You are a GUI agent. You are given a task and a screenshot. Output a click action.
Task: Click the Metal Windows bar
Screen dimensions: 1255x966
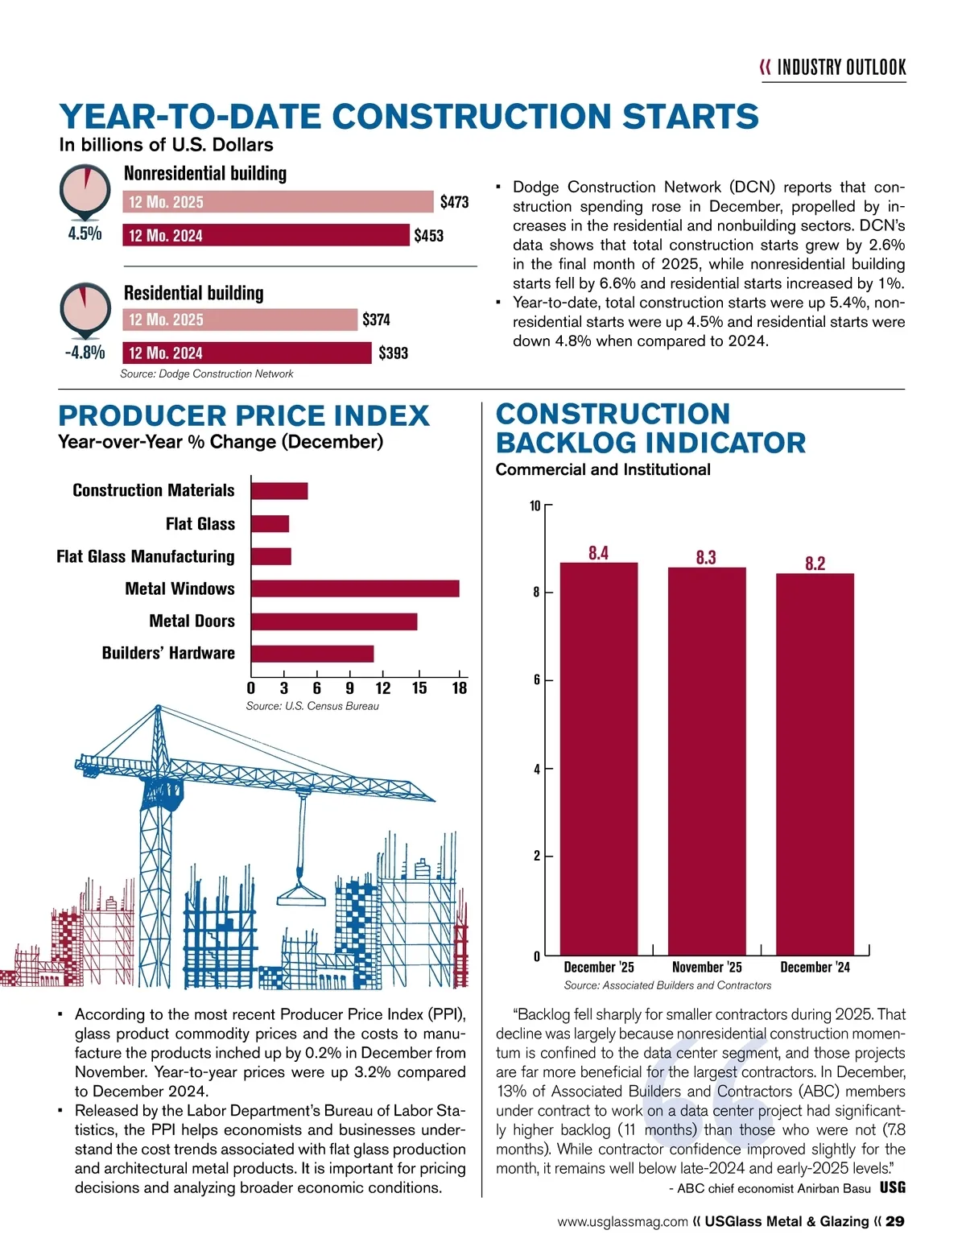pos(355,588)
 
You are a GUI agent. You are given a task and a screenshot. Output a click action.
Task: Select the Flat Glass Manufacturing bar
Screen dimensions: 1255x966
pos(271,556)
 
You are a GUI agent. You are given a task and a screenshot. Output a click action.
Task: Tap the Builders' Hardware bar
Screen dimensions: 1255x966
pos(312,654)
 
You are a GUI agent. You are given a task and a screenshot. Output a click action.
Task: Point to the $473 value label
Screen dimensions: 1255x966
pos(454,202)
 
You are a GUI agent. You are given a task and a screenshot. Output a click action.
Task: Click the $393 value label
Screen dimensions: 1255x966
pos(393,353)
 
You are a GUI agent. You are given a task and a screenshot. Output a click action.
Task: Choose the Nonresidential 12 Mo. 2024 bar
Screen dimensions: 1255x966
pos(266,235)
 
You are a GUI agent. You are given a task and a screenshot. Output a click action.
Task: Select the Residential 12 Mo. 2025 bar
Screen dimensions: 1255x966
pos(240,320)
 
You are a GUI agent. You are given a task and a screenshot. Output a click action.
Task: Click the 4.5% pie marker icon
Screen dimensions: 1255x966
pos(85,192)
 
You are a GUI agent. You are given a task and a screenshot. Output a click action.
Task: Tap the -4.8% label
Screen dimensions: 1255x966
pos(85,353)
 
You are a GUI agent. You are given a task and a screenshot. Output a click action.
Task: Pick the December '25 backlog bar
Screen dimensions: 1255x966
pos(598,757)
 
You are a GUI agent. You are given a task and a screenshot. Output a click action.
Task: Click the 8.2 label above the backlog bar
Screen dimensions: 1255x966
pos(815,563)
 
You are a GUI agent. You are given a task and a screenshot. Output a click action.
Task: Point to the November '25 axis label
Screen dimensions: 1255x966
pos(707,967)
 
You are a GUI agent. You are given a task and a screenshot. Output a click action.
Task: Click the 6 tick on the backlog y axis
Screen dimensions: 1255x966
pos(536,680)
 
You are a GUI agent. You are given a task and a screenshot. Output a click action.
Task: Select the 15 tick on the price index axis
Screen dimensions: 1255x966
pos(419,688)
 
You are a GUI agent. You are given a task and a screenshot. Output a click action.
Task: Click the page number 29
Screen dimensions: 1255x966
pos(894,1221)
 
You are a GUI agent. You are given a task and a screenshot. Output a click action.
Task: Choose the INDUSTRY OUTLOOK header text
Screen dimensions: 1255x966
pos(841,68)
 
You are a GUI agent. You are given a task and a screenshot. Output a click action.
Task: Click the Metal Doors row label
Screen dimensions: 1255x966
pos(192,621)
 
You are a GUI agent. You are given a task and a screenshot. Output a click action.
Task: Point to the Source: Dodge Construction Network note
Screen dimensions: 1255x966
pos(206,374)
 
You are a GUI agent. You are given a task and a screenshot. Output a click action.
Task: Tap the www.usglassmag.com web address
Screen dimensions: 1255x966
pos(622,1222)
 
